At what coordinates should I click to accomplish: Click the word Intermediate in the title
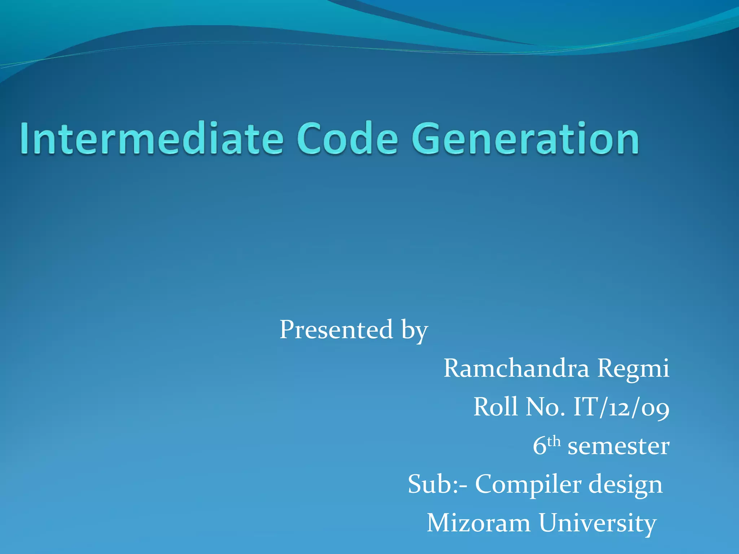[x=152, y=139]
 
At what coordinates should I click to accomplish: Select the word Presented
[x=336, y=330]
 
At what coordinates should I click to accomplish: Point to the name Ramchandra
[x=516, y=369]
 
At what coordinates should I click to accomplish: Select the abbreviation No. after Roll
[x=545, y=407]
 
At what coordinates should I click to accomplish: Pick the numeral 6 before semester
[x=539, y=446]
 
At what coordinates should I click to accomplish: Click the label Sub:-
[x=437, y=484]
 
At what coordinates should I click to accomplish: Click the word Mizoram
[x=478, y=523]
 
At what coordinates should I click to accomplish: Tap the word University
[x=597, y=524]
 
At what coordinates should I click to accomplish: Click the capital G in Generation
[x=430, y=139]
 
